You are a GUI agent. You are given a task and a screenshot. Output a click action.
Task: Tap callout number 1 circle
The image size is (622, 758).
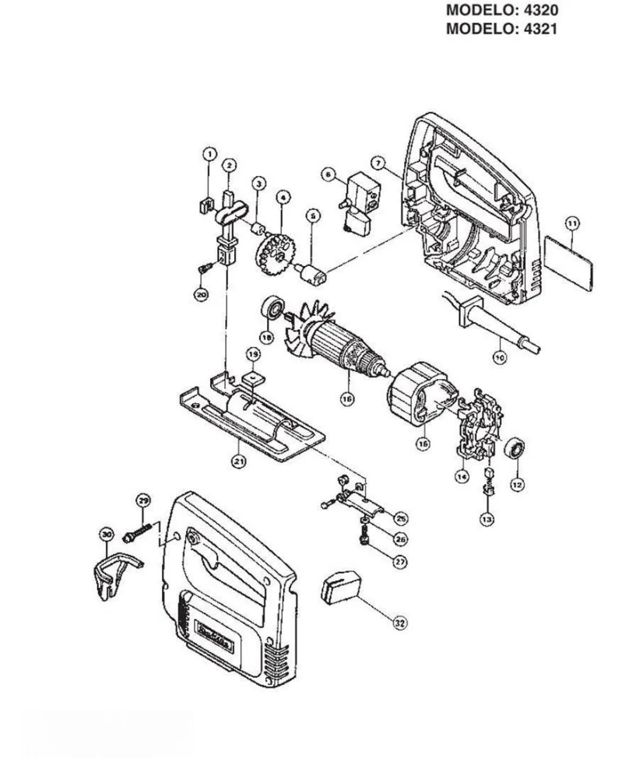(x=209, y=153)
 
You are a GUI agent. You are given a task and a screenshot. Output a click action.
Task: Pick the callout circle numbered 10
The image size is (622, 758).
(x=499, y=356)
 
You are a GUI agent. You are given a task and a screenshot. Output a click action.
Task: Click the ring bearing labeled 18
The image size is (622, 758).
(x=272, y=309)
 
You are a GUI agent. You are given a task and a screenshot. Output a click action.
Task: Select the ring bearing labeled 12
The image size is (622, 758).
(x=516, y=452)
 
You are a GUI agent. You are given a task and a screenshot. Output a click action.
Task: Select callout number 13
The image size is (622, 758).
(x=487, y=518)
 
